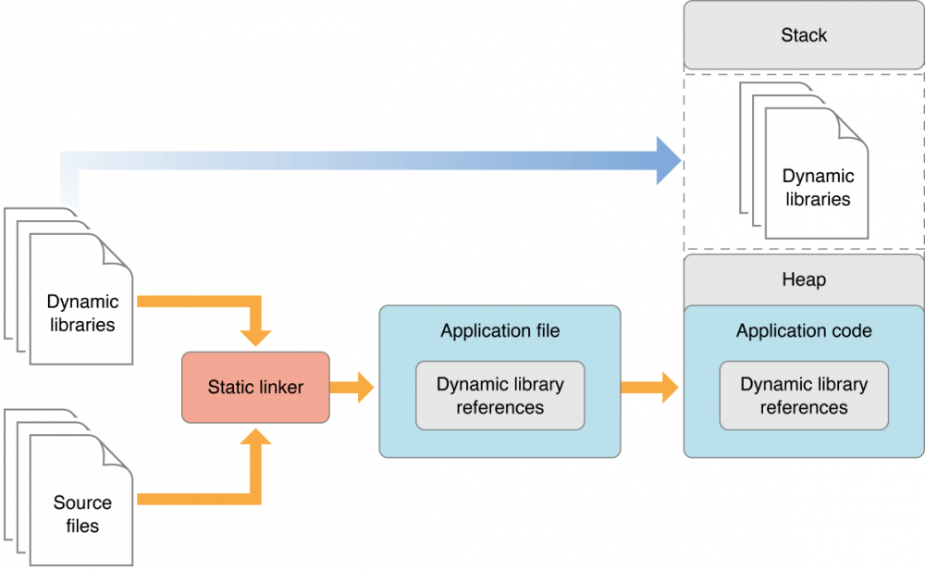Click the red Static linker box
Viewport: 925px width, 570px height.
coord(255,387)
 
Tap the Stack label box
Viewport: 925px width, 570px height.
coord(803,36)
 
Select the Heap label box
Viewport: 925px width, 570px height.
coord(803,279)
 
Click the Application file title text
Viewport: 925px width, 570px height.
coord(499,330)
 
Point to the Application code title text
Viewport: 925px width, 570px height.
coord(803,330)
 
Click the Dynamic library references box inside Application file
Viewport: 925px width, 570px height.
coord(499,395)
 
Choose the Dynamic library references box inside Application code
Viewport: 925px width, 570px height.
coord(803,395)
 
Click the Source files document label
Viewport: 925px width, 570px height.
coord(81,514)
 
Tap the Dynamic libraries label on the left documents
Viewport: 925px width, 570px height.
coord(81,313)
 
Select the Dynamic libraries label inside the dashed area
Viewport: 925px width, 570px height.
coord(817,187)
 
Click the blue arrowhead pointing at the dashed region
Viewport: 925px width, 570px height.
coord(668,161)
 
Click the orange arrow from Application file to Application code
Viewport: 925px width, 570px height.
coord(649,387)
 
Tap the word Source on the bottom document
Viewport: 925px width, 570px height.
coord(81,503)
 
